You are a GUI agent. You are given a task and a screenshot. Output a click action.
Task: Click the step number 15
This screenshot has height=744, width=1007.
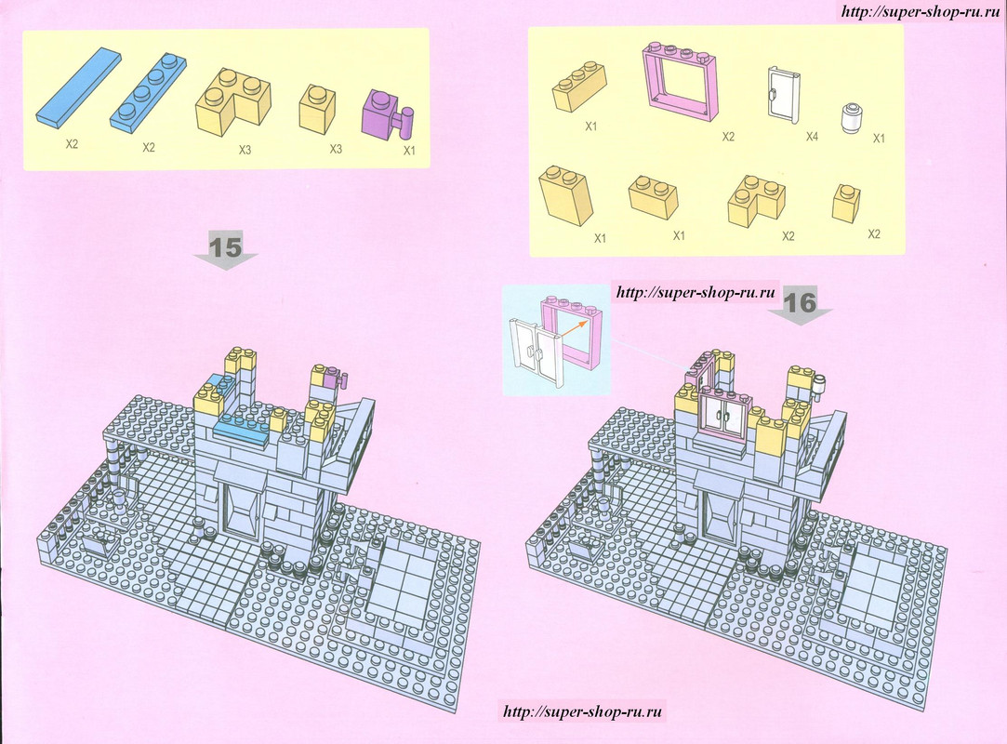(x=225, y=247)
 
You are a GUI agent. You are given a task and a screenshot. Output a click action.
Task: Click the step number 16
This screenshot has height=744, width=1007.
(x=801, y=302)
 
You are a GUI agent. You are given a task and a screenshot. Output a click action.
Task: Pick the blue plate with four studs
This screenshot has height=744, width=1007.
(x=150, y=94)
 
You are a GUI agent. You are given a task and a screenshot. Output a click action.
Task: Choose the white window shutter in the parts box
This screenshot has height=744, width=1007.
(x=784, y=95)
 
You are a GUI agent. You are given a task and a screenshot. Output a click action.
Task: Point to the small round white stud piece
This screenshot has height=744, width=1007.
(x=850, y=117)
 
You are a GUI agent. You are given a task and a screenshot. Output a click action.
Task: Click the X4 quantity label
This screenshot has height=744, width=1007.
(x=812, y=137)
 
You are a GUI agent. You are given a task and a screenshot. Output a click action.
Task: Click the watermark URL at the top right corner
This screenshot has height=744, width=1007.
(x=921, y=11)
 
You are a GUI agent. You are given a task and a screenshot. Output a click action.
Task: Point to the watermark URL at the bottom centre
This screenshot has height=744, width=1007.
(x=582, y=711)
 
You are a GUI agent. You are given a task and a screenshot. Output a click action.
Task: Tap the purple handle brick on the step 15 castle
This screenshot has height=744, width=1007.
(x=337, y=379)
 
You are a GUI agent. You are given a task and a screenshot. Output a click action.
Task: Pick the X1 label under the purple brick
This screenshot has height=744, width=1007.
(x=409, y=151)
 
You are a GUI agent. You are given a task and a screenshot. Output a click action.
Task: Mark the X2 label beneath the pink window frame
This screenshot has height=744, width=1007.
(x=728, y=136)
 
